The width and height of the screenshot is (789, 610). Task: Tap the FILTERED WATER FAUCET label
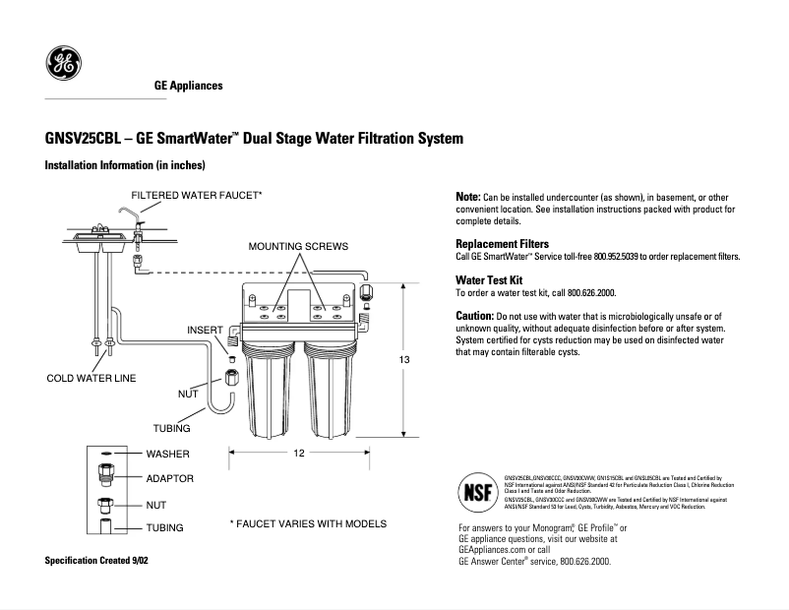[197, 195]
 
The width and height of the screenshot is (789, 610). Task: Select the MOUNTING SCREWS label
[297, 245]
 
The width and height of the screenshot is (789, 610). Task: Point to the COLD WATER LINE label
[91, 378]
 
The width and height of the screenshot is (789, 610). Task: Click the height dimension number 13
[403, 360]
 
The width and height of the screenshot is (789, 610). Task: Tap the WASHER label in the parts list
[168, 455]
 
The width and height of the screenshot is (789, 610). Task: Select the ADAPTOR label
[170, 478]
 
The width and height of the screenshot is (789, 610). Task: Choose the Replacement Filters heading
[502, 243]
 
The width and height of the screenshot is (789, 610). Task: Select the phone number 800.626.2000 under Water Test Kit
[587, 293]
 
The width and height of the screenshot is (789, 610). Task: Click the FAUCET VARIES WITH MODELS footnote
[308, 523]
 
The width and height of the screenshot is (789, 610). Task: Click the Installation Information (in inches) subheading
[125, 165]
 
